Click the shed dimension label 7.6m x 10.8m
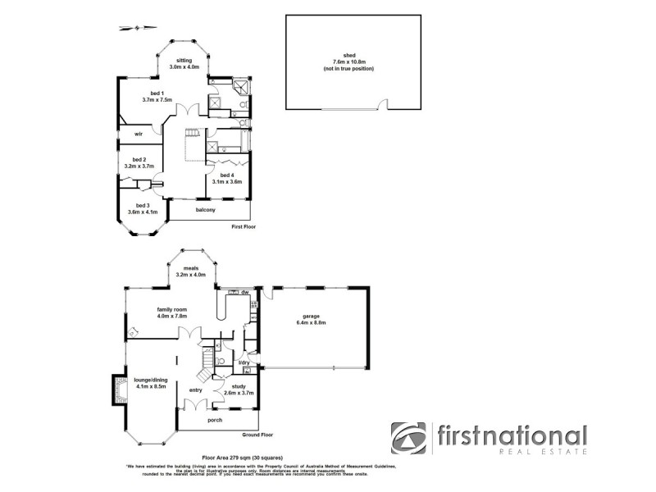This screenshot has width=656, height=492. pyautogui.click(x=348, y=62)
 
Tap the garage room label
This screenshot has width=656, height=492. pyautogui.click(x=309, y=316)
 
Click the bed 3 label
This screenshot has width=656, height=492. pyautogui.click(x=142, y=206)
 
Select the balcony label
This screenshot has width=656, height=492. pyautogui.click(x=206, y=211)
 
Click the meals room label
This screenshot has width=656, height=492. pyautogui.click(x=192, y=268)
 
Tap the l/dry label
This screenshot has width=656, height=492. pyautogui.click(x=244, y=362)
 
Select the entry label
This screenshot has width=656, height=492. pyautogui.click(x=195, y=390)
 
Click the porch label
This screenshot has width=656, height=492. pyautogui.click(x=215, y=421)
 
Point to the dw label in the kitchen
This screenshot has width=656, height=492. pyautogui.click(x=244, y=292)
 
